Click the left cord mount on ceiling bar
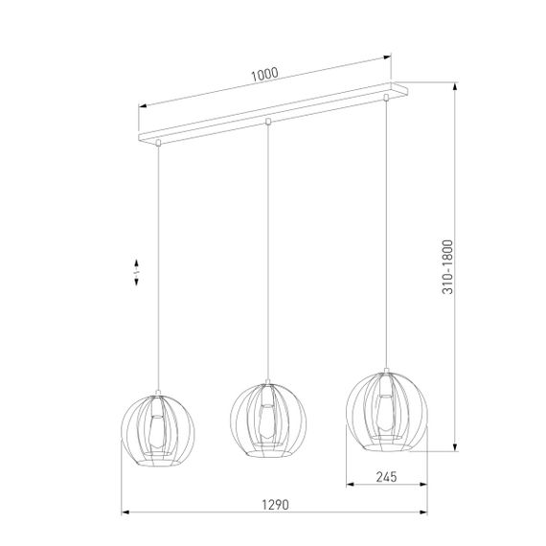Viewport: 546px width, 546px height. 155,145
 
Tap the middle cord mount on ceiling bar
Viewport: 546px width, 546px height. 268,121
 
